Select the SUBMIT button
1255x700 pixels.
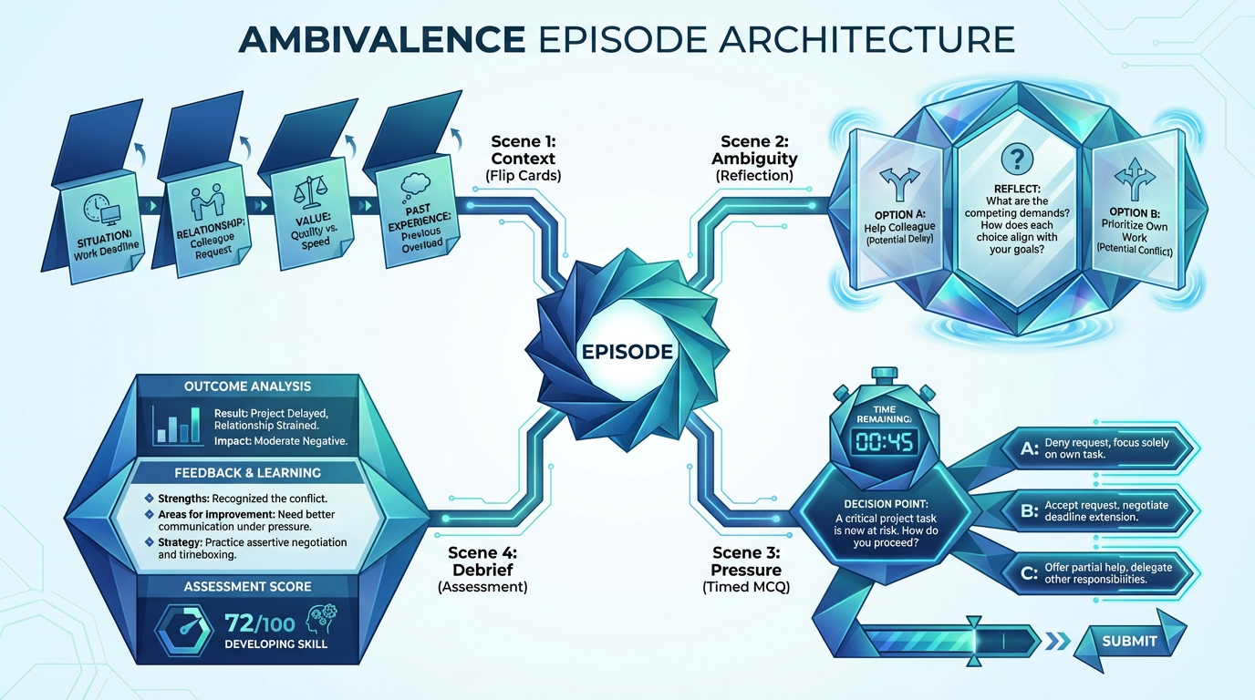click(1129, 641)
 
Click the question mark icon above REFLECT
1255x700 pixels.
click(1014, 160)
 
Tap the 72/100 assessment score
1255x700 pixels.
click(259, 623)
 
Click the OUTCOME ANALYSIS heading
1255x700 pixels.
click(247, 386)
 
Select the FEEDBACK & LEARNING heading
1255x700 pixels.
click(247, 473)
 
